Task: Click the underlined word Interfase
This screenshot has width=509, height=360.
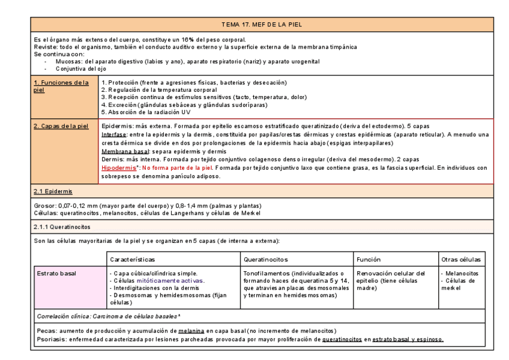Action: [x=114, y=135]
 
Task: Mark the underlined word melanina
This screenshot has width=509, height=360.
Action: [x=192, y=331]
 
